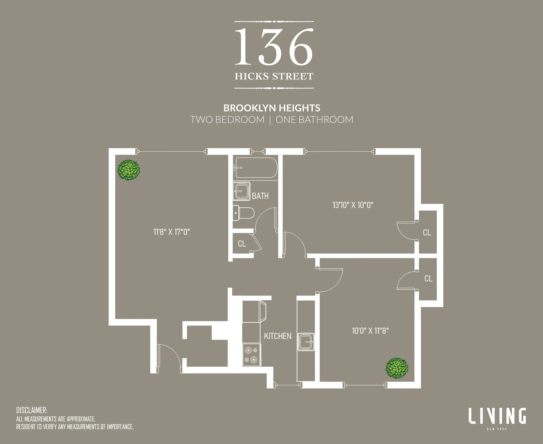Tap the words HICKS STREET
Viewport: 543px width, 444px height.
(274, 76)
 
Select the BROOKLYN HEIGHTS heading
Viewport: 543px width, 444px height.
(272, 108)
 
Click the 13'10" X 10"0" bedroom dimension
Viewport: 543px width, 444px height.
(353, 205)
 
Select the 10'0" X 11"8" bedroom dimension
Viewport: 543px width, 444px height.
(370, 331)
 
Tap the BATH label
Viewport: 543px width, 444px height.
(260, 196)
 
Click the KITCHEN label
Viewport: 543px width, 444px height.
(278, 336)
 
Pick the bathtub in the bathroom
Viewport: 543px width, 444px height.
(256, 168)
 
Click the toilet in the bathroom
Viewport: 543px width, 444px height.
(244, 213)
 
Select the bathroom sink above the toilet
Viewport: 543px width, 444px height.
(241, 191)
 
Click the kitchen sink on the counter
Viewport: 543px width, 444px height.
(306, 342)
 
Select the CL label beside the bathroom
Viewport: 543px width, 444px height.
(242, 244)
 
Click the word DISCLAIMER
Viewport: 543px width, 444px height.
(32, 410)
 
